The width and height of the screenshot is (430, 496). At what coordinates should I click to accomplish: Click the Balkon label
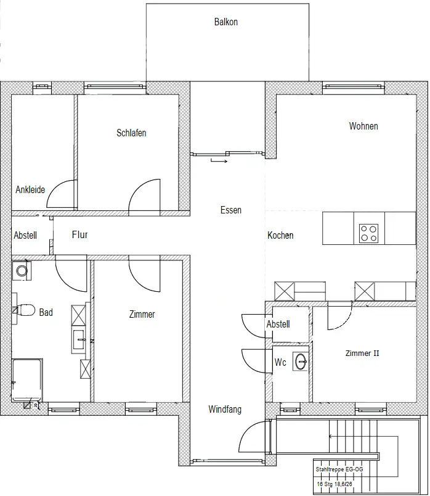click(225, 22)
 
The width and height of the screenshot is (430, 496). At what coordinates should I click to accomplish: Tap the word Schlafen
click(131, 133)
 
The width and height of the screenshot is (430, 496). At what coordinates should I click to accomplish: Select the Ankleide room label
click(30, 189)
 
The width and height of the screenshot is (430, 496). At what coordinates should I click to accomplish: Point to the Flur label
click(79, 234)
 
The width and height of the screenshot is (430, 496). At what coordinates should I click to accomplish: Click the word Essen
click(231, 210)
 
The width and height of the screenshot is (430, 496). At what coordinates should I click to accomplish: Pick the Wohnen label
click(363, 126)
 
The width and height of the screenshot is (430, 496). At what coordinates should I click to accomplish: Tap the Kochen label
click(280, 235)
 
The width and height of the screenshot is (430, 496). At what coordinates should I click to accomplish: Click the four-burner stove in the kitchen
click(369, 233)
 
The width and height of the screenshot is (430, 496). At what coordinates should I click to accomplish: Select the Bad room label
click(46, 312)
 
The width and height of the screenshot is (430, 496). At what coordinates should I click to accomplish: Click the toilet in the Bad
click(24, 310)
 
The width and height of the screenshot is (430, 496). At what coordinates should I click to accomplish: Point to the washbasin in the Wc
click(301, 361)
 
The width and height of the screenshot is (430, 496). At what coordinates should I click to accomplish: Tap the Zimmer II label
click(362, 353)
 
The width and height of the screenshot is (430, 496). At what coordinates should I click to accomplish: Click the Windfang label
click(225, 409)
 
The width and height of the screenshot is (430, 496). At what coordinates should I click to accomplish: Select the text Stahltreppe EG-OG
click(339, 469)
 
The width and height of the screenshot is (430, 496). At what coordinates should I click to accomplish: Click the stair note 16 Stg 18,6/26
click(335, 484)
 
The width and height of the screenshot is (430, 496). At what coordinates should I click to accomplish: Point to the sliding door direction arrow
click(219, 161)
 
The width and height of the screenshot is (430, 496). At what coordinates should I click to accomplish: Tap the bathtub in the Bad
click(27, 380)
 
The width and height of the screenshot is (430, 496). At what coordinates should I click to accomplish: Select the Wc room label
click(280, 362)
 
